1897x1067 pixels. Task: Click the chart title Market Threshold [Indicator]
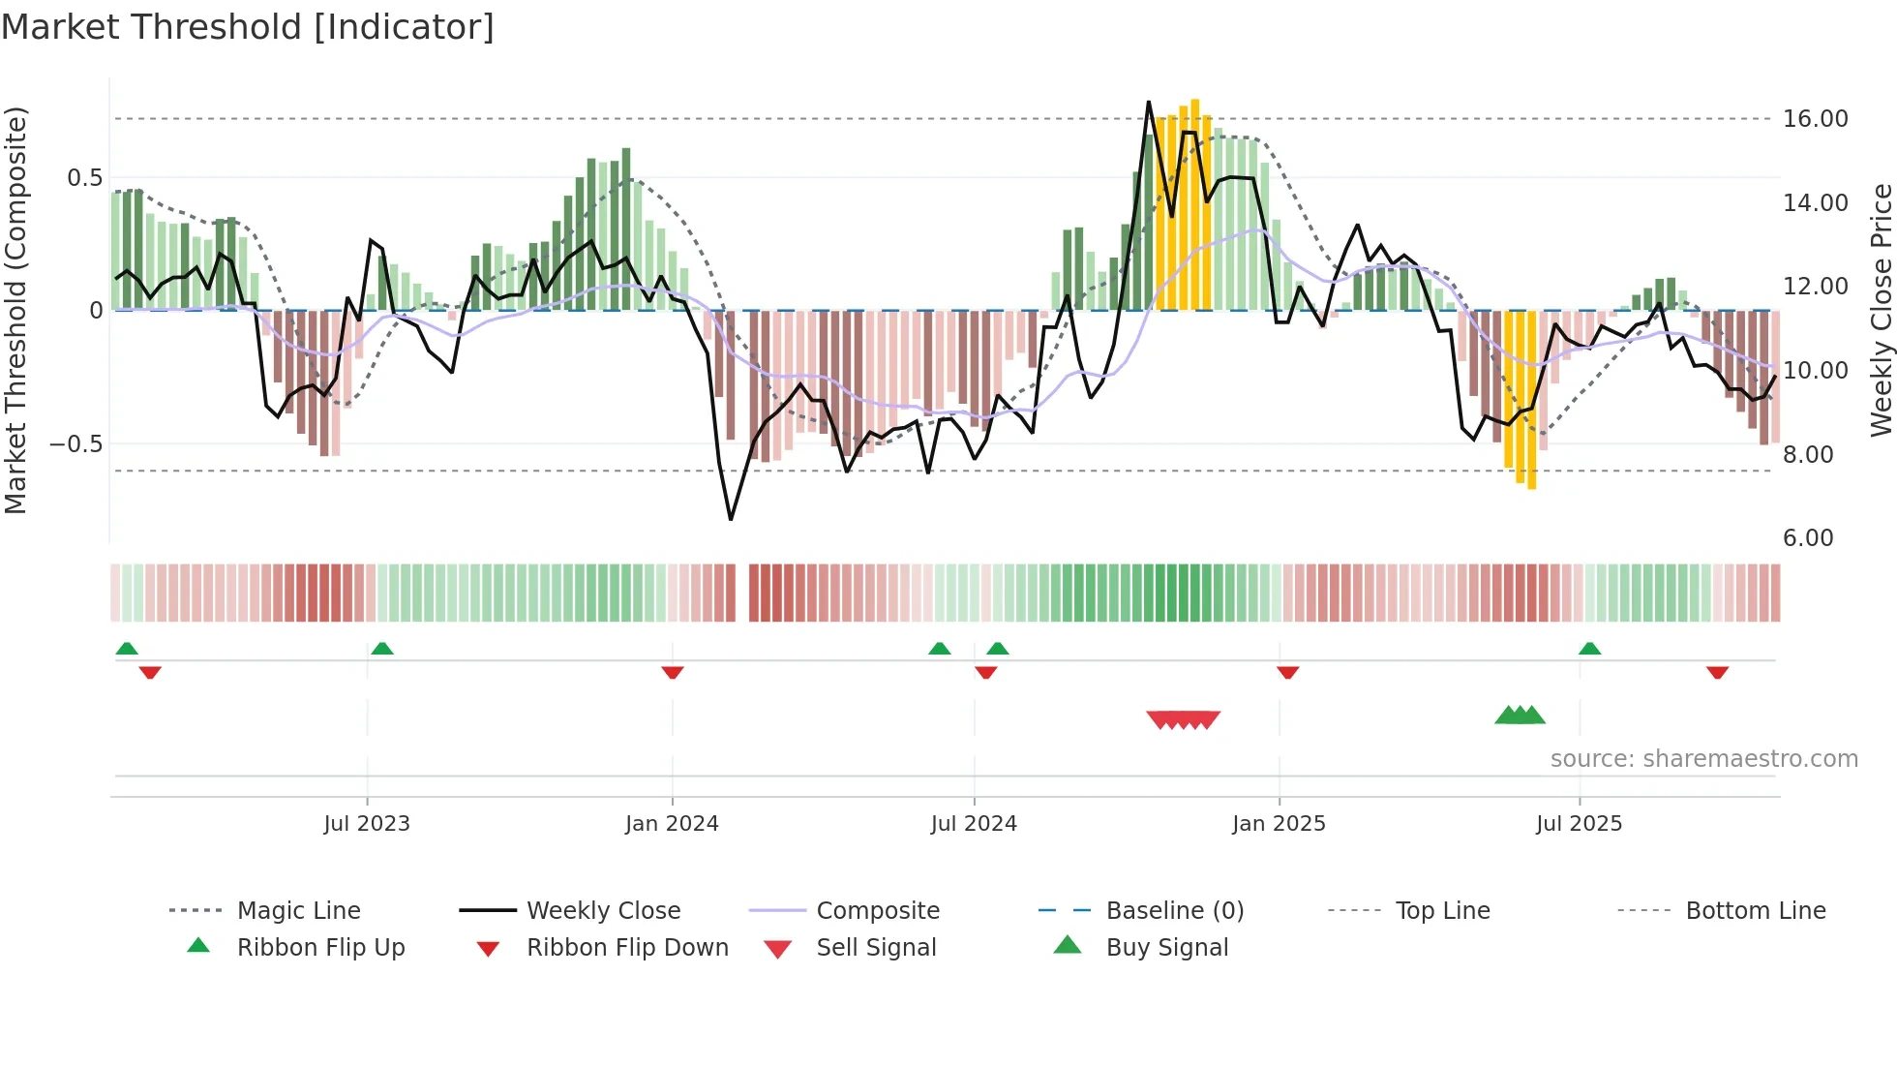[x=248, y=27]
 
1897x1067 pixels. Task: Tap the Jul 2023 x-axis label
[x=367, y=824]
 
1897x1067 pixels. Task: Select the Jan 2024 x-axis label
[x=672, y=824]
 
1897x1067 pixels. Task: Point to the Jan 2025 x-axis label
[x=1279, y=824]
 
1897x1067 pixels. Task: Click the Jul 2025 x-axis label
[x=1579, y=824]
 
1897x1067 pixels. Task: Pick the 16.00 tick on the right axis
[x=1815, y=119]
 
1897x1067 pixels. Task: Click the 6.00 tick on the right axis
[x=1808, y=538]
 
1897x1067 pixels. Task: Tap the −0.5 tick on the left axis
[x=76, y=444]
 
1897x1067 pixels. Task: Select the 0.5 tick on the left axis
[x=85, y=178]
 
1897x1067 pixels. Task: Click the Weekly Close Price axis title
[x=1880, y=310]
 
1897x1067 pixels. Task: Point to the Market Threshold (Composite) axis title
[x=15, y=310]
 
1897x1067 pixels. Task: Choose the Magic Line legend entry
[x=298, y=911]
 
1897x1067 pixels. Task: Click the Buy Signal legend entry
[x=1166, y=948]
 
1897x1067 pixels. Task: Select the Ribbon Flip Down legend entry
[x=626, y=948]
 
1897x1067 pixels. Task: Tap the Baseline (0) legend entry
[x=1174, y=911]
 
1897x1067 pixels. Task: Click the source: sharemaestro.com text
[x=1703, y=759]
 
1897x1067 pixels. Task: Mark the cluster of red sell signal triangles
[x=1183, y=719]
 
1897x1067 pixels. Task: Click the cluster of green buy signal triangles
[x=1520, y=716]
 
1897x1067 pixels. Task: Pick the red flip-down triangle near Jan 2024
[x=673, y=672]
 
